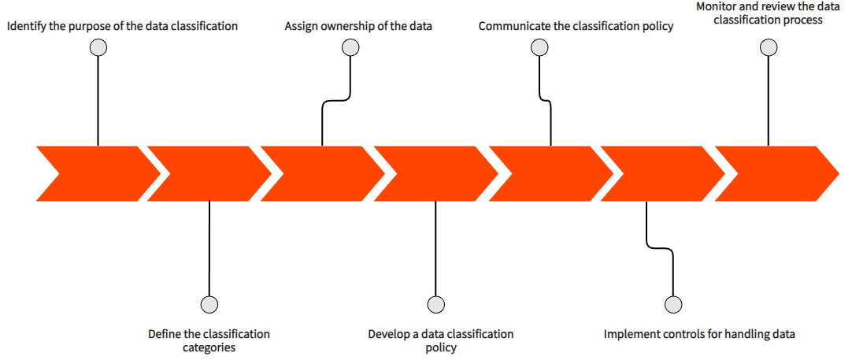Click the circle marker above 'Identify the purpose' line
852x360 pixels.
[98, 47]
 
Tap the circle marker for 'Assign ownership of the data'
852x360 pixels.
[350, 47]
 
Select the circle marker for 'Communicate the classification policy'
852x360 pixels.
[539, 47]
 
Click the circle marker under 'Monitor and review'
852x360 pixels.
[769, 47]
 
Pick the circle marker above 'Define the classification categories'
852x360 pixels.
[209, 304]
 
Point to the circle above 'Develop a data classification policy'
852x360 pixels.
[435, 304]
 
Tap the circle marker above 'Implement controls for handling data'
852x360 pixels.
[673, 304]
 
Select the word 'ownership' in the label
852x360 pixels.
[348, 26]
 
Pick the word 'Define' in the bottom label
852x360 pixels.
[165, 334]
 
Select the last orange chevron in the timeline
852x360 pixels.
[776, 173]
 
